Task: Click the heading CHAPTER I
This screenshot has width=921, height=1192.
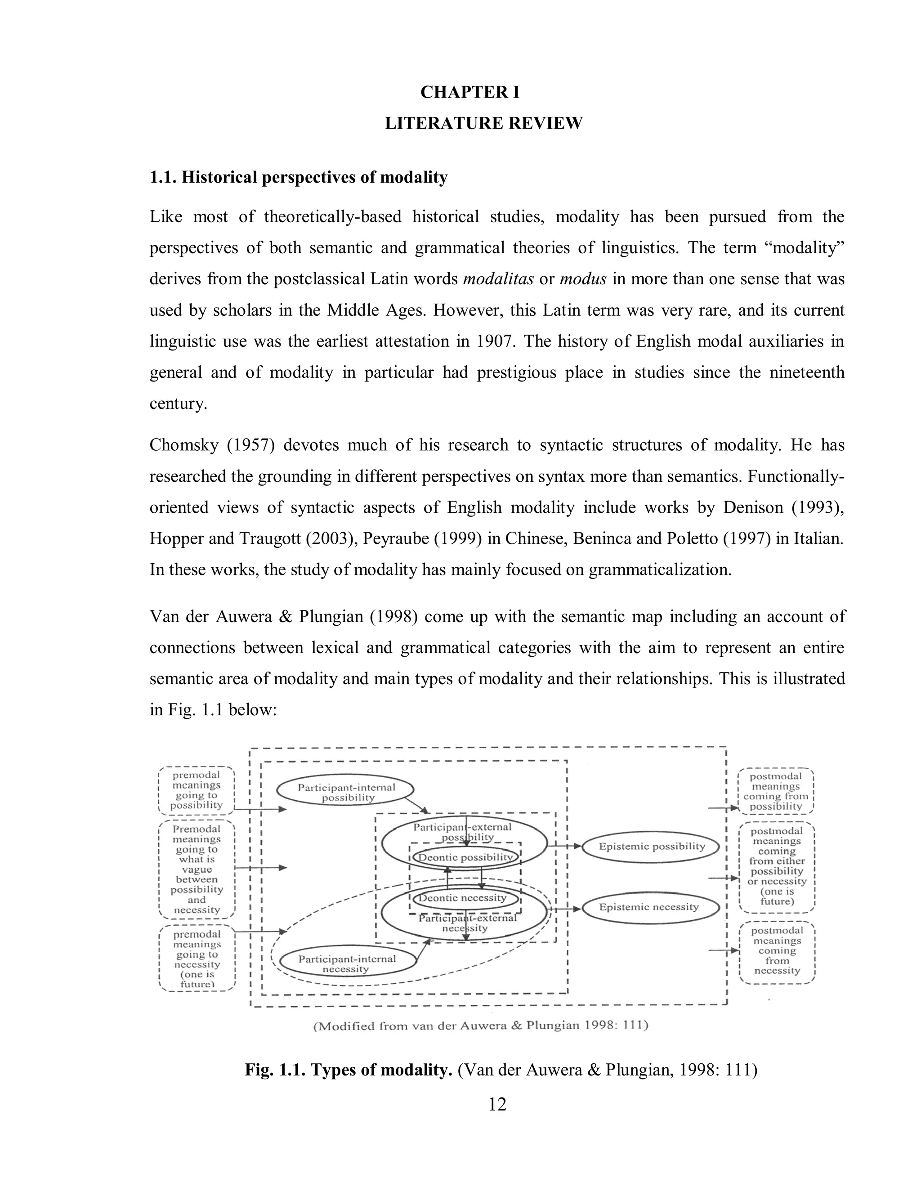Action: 470,92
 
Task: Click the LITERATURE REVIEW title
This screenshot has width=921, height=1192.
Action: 483,123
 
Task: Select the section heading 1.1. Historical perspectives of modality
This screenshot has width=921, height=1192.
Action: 299,177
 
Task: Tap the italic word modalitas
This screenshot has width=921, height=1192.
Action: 498,279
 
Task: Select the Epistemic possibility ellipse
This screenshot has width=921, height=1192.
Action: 652,847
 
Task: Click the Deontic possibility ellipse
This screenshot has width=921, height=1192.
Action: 465,857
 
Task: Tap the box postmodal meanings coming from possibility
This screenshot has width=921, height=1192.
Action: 775,791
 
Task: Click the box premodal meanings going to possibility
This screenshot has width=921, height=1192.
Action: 197,790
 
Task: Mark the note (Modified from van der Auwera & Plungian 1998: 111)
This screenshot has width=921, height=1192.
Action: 481,1026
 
